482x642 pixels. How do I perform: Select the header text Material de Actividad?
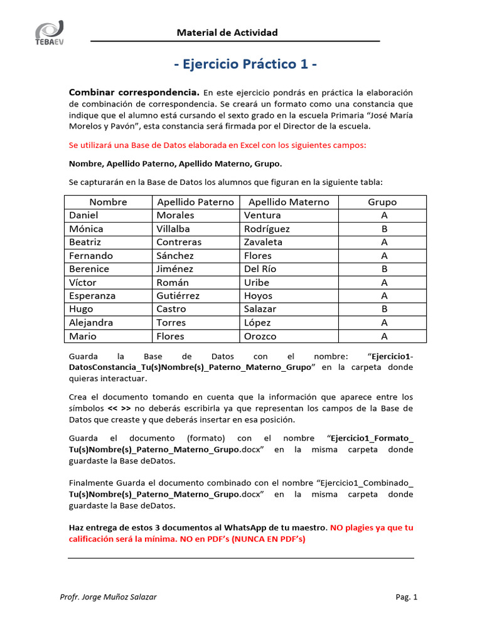point(227,33)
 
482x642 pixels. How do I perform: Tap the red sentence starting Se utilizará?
point(217,145)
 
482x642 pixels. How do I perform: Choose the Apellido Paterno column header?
point(195,202)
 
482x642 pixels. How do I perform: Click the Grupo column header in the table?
point(382,202)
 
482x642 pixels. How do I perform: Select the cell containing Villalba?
point(173,229)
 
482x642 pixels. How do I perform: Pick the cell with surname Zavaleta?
point(263,242)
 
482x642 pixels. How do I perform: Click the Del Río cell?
point(260,269)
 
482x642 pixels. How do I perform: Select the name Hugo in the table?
point(81,309)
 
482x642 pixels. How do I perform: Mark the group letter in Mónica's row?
point(384,229)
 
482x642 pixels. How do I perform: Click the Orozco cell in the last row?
point(260,336)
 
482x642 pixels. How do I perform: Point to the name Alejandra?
point(91,323)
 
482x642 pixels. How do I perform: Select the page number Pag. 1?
point(406,597)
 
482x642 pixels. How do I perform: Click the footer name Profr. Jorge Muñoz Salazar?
point(108,597)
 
